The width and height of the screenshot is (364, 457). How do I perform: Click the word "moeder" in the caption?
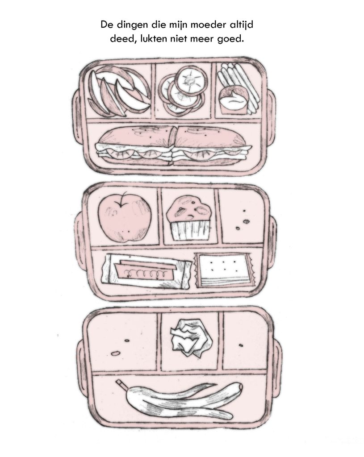(x=207, y=25)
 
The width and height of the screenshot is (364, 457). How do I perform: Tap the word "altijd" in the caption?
(x=240, y=25)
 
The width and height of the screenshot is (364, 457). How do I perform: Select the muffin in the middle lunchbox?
(x=190, y=218)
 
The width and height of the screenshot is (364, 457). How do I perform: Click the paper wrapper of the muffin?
(x=191, y=231)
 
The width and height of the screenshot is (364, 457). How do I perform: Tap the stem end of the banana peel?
(x=121, y=384)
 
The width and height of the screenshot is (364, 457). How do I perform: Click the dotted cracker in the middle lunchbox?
(x=224, y=270)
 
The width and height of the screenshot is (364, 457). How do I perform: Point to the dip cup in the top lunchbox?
(x=233, y=101)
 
